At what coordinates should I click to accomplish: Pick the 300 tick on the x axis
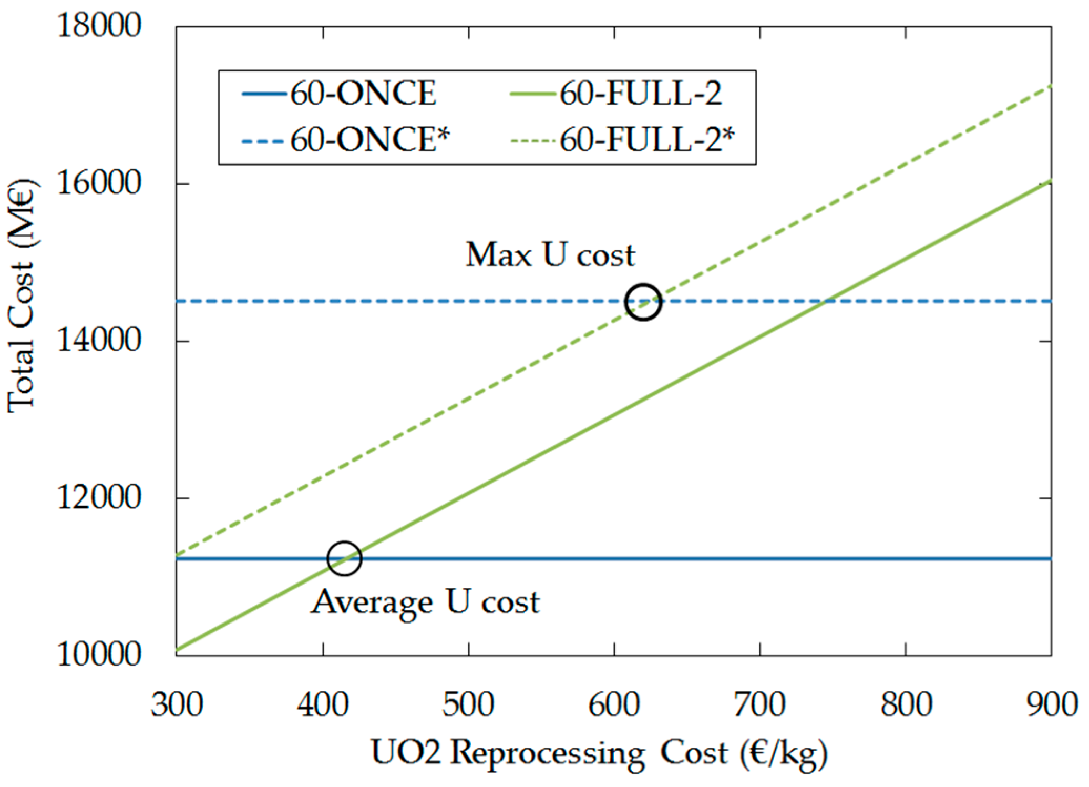pos(177,705)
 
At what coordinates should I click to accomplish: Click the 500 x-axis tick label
pos(468,705)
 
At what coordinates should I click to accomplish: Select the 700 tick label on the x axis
pos(760,705)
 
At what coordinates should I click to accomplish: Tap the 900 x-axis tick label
pos(1051,705)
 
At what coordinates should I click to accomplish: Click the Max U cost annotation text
pos(550,255)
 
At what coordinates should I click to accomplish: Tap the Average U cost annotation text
pos(425,602)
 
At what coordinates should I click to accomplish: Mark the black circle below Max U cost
pos(643,302)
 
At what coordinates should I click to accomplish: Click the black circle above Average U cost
pos(344,558)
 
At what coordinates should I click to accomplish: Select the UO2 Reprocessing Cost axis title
pos(599,753)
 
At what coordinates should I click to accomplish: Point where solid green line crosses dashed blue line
pos(825,301)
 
